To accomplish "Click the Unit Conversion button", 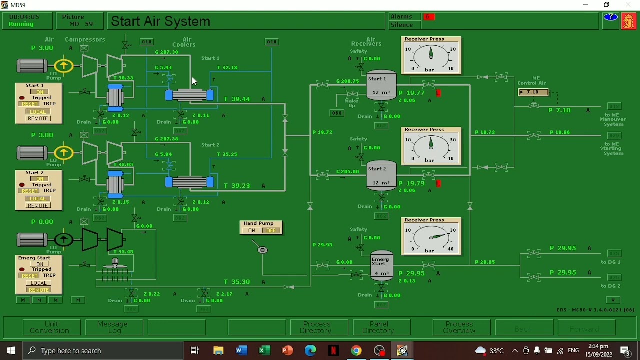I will pos(51,328).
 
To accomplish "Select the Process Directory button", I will pos(316,328).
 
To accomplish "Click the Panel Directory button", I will pos(379,328).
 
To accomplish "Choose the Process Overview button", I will pos(459,328).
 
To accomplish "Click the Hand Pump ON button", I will pos(251,230).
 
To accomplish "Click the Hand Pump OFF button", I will pos(271,230).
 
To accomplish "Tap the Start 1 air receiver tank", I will pos(381,85).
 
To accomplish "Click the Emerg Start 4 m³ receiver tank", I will pos(381,265).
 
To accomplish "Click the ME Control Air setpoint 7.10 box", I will pos(533,92).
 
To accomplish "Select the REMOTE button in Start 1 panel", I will pos(38,118).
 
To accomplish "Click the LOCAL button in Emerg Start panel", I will pos(38,283).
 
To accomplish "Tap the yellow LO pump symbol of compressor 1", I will pos(64,66).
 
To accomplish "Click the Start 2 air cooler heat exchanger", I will pos(189,182).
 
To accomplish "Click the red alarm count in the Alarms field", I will pos(428,17).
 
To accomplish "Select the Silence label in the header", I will pos(402,25).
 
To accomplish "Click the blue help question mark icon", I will pos(610,17).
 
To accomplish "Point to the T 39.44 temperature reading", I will pos(237,99).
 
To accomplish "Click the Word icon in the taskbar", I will pos(241,350).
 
